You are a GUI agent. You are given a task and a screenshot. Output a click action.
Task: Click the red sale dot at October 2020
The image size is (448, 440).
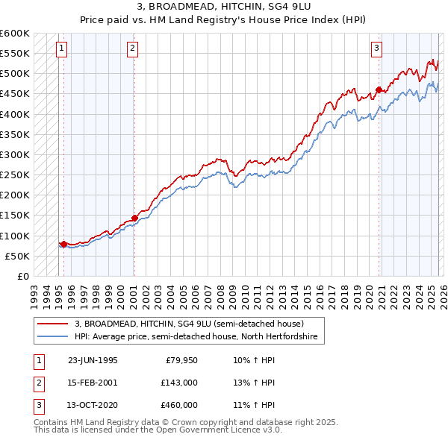(x=379, y=90)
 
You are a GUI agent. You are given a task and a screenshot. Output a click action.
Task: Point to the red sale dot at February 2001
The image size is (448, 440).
(x=134, y=218)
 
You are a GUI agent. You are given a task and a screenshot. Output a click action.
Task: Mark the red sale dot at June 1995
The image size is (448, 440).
(x=64, y=244)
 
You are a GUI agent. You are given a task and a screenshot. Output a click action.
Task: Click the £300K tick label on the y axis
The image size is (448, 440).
(x=15, y=155)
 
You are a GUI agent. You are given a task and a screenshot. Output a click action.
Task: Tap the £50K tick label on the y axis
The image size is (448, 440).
(x=17, y=256)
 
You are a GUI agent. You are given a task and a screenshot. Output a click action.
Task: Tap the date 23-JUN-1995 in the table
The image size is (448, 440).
(x=93, y=359)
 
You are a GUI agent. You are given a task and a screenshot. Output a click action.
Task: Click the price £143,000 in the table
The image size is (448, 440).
(x=179, y=383)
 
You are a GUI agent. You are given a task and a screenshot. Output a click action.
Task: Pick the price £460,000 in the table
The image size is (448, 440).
(x=179, y=405)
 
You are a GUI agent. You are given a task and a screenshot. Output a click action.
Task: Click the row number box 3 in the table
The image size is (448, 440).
(x=37, y=405)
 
